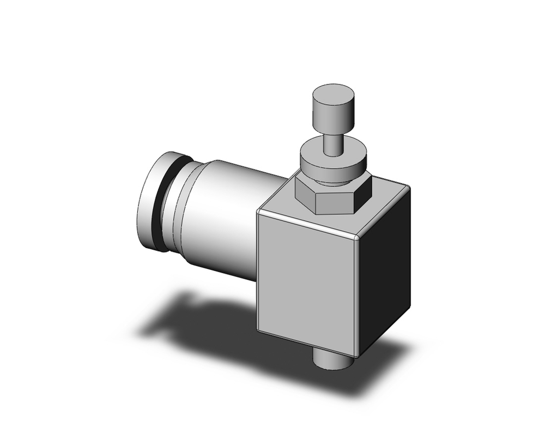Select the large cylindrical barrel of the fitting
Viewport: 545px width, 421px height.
point(223,218)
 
